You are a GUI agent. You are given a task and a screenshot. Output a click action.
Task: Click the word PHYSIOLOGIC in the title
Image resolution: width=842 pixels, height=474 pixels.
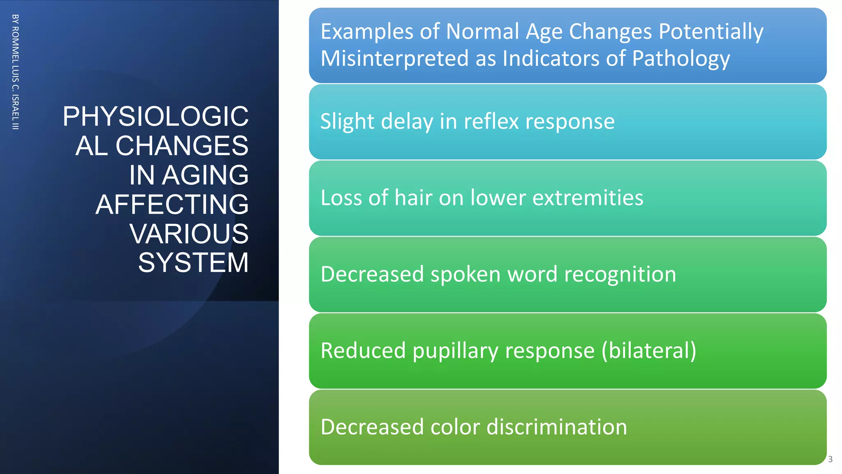155,116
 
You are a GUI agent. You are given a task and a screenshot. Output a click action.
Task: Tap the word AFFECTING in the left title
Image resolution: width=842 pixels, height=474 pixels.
172,204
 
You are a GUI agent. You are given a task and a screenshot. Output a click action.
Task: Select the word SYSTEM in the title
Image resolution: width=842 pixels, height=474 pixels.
193,263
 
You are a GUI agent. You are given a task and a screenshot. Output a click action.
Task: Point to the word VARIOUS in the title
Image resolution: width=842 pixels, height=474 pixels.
189,234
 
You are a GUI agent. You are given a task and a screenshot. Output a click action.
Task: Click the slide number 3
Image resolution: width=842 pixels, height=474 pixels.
830,459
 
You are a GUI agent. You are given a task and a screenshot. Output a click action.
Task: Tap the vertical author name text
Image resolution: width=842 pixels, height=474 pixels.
15,72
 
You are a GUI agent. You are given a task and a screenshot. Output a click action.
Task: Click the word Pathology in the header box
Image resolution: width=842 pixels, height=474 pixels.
681,58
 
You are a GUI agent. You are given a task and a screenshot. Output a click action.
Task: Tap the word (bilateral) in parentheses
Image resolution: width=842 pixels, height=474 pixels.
649,351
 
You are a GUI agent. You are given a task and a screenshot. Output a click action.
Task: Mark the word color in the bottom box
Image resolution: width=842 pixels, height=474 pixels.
455,427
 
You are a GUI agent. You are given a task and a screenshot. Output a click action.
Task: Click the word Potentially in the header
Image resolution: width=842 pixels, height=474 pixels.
711,32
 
